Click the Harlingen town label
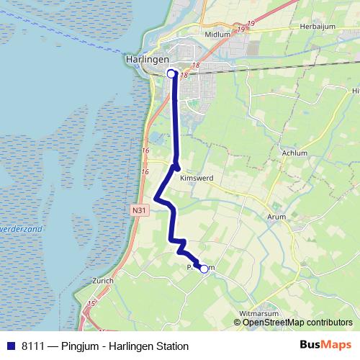tap(146, 59)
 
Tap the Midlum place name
tap(217, 35)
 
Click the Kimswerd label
tap(197, 177)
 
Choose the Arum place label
tap(276, 217)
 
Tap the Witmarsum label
tap(258, 314)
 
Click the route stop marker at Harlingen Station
tap(171, 73)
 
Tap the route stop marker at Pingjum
tap(204, 269)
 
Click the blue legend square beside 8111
tap(11, 346)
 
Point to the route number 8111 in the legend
tap(34, 346)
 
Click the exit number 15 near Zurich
tap(91, 305)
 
